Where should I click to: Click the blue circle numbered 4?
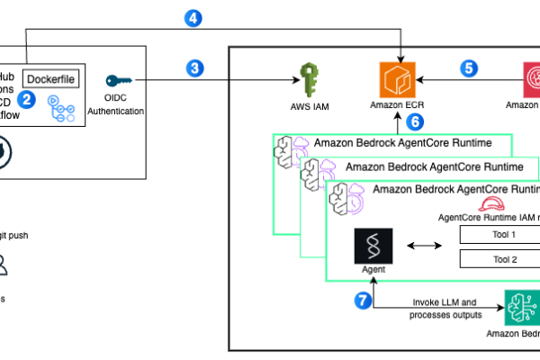pyautogui.click(x=193, y=15)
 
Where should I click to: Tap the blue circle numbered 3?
pyautogui.click(x=193, y=67)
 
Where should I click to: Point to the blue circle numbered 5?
pyautogui.click(x=469, y=67)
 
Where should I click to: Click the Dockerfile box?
pyautogui.click(x=49, y=78)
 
